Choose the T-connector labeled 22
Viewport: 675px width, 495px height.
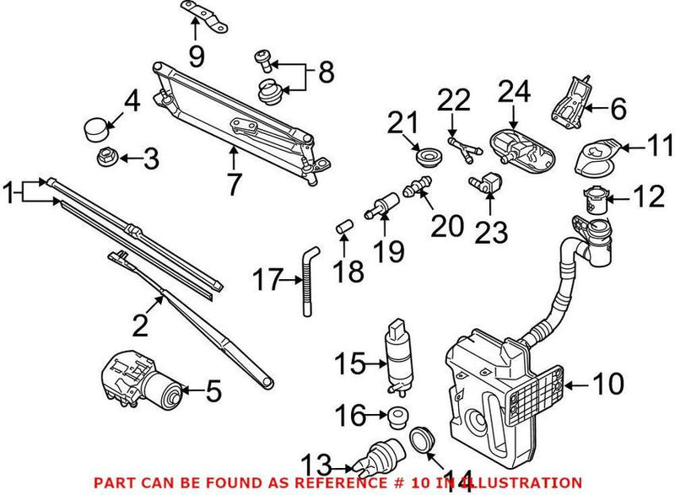pos(459,150)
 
